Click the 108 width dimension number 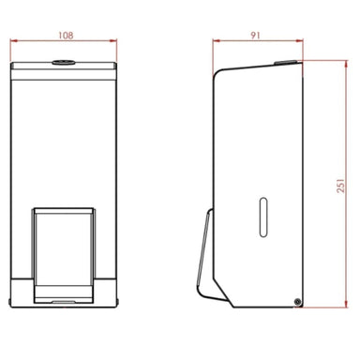click(66, 34)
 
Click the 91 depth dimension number click(257, 34)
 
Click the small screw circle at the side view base click(297, 301)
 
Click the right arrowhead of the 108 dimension click(117, 41)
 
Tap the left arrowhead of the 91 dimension click(216, 41)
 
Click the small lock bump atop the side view click(278, 63)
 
